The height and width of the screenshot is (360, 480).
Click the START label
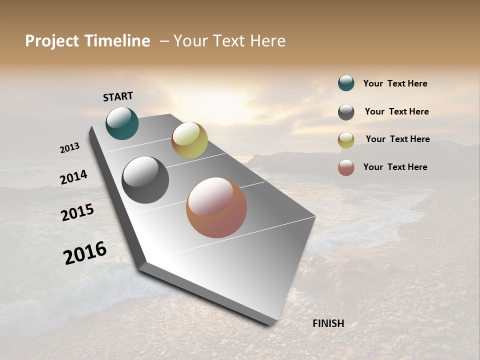[x=118, y=96]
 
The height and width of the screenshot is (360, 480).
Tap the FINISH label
[x=328, y=323]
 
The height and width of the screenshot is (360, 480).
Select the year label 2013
[x=70, y=148]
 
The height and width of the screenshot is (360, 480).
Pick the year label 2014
[x=73, y=177]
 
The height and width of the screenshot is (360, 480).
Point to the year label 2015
[x=77, y=212]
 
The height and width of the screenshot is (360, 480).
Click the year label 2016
[x=85, y=253]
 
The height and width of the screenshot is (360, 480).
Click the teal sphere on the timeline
[x=122, y=123]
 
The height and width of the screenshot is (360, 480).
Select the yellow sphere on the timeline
[x=189, y=140]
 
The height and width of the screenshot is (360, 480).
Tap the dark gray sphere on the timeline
[x=145, y=180]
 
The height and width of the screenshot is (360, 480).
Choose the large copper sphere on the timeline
[x=216, y=207]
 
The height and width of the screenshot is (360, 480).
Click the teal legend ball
[x=346, y=83]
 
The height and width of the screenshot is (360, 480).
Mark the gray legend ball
[x=346, y=112]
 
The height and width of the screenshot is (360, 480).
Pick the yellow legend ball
[x=346, y=140]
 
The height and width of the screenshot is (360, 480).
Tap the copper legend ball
[x=346, y=167]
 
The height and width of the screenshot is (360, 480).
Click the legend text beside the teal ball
[x=395, y=83]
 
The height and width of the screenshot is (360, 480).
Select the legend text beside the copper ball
[x=395, y=167]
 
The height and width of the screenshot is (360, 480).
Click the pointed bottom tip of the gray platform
[x=273, y=324]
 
